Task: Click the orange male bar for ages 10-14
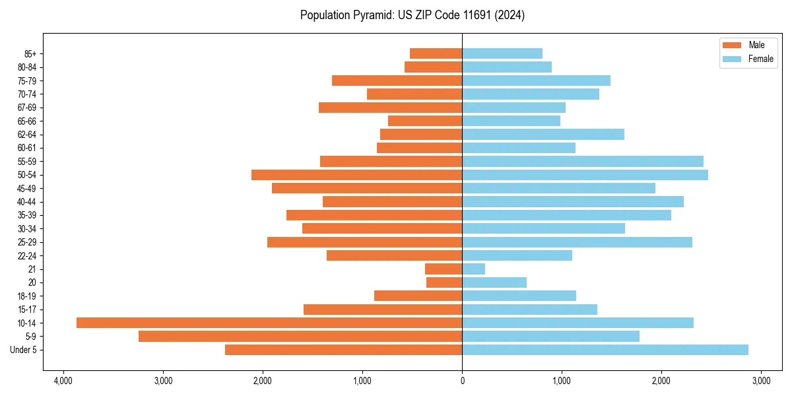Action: pyautogui.click(x=269, y=323)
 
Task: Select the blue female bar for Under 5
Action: pyautogui.click(x=605, y=350)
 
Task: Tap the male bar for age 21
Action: pyautogui.click(x=444, y=269)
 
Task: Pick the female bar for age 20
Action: pyautogui.click(x=494, y=282)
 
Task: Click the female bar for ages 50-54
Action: pyautogui.click(x=585, y=175)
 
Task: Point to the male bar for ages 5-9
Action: pyautogui.click(x=300, y=336)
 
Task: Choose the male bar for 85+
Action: pyautogui.click(x=436, y=53)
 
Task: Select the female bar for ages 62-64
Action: pyautogui.click(x=543, y=135)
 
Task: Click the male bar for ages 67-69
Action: pyautogui.click(x=390, y=108)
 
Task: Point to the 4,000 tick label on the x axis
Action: pyautogui.click(x=63, y=381)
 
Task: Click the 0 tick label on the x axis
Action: pyautogui.click(x=462, y=381)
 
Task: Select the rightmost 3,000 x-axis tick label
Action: pyautogui.click(x=761, y=381)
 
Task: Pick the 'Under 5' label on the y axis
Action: pyautogui.click(x=23, y=350)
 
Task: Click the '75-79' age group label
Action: pyautogui.click(x=27, y=81)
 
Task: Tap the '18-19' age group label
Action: pyautogui.click(x=27, y=296)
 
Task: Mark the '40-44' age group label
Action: pyautogui.click(x=27, y=202)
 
